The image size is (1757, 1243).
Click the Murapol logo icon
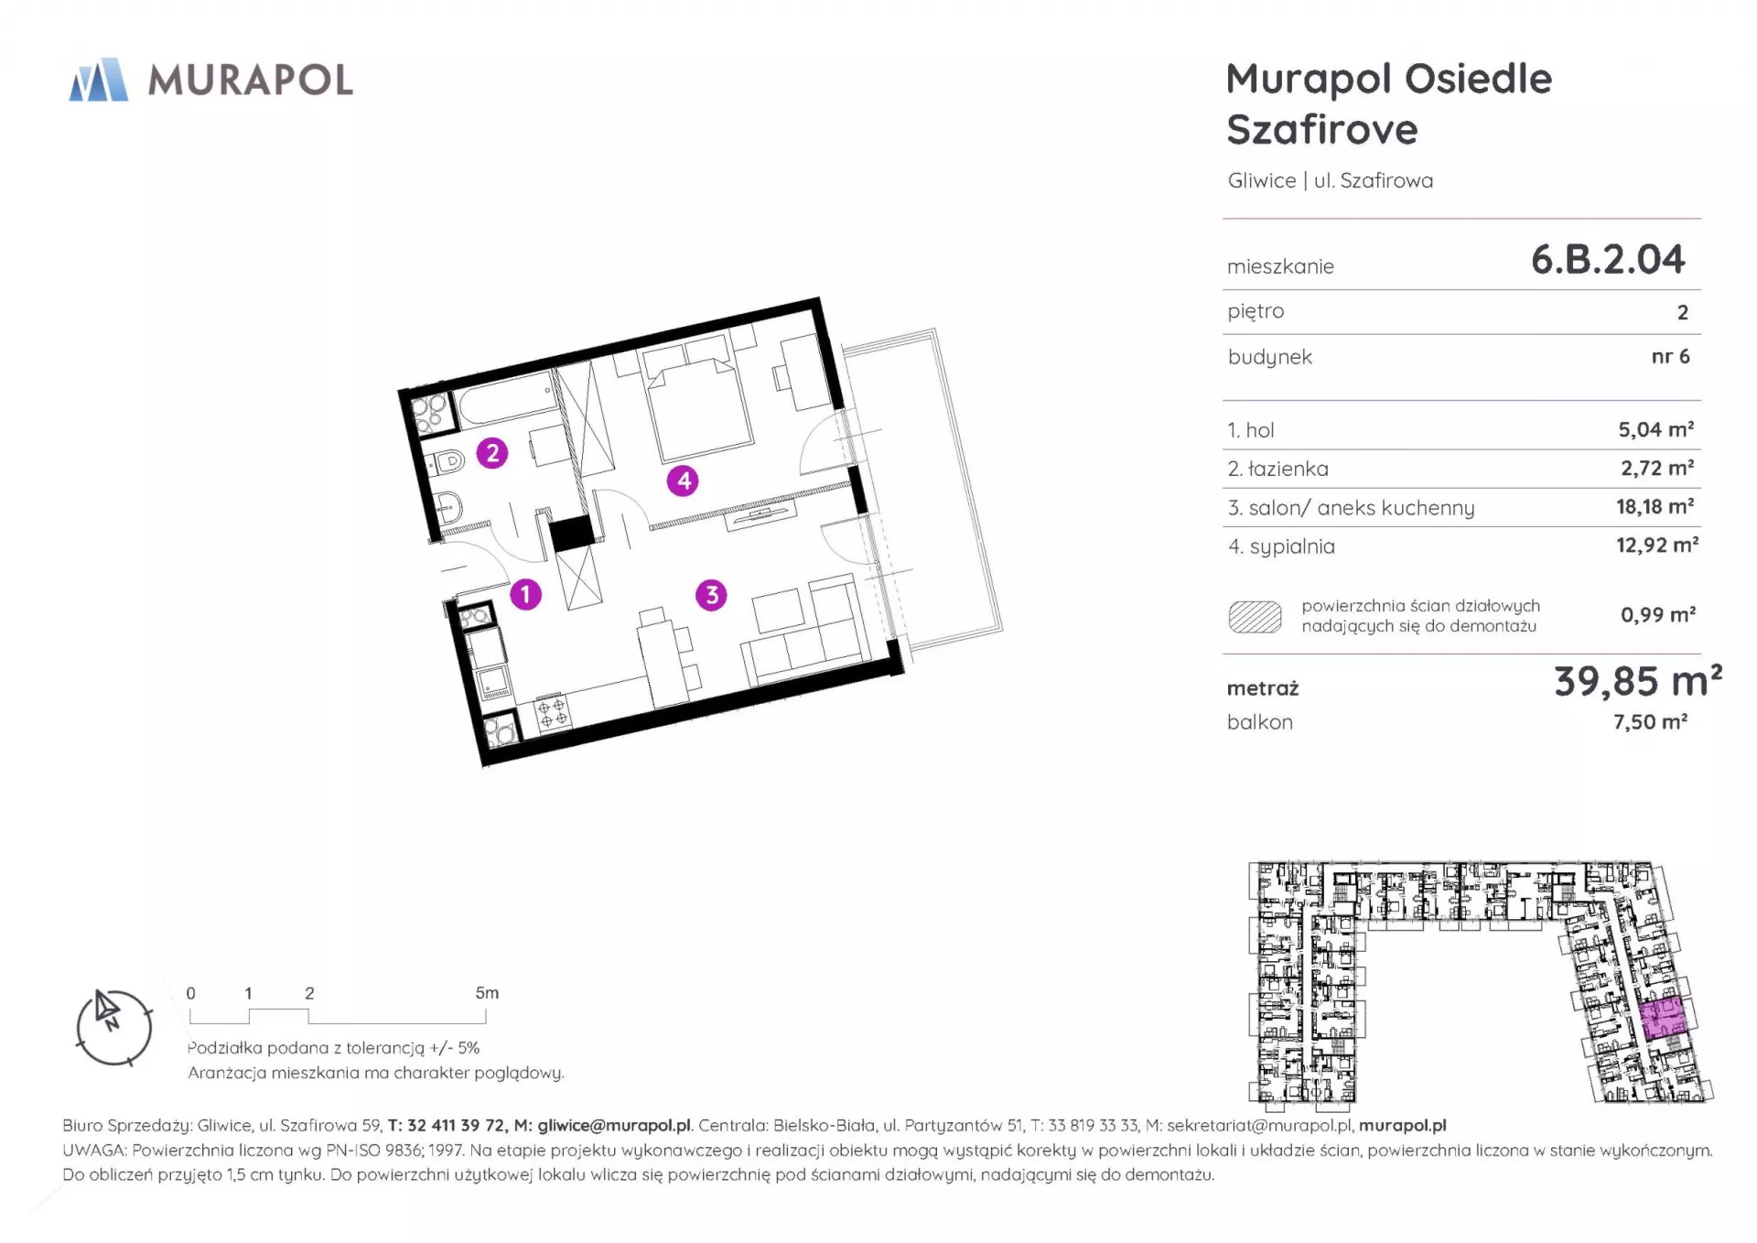coord(99,80)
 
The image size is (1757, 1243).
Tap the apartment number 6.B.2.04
coord(1608,260)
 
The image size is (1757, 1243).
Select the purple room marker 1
coord(525,595)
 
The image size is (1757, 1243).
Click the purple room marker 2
coord(492,452)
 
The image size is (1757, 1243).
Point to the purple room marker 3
coord(711,595)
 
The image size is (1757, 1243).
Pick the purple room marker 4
coord(683,481)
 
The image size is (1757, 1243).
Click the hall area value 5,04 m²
coord(1656,429)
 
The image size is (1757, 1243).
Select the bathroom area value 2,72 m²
coord(1657,468)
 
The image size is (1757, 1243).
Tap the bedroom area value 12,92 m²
coord(1657,546)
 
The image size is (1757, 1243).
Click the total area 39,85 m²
coord(1638,681)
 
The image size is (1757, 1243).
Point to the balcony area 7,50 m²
coord(1650,722)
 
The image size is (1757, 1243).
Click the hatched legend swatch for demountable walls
coord(1255,617)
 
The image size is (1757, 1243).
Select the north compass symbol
coord(113,1027)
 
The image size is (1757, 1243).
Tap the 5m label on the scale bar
coord(487,993)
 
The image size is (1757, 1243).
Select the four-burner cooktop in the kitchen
coord(551,713)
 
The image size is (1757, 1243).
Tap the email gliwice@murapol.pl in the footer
coord(614,1126)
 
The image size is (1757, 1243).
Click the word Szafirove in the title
coord(1322,130)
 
